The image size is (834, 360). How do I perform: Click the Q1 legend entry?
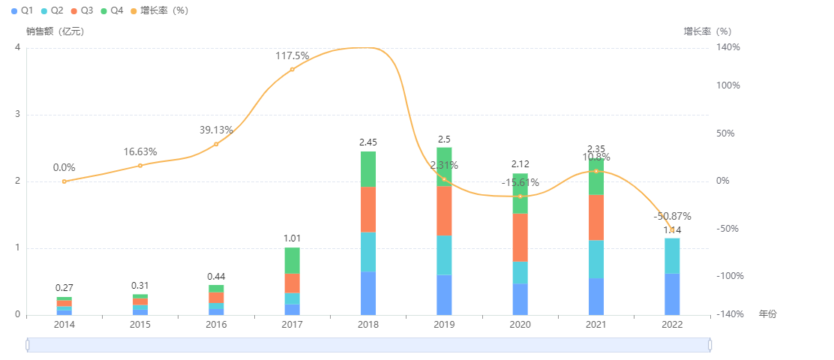pos(22,10)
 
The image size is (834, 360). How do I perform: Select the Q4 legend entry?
pos(112,10)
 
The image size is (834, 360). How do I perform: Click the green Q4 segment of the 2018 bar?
pos(368,169)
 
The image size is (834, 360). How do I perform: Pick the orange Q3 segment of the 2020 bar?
pos(520,238)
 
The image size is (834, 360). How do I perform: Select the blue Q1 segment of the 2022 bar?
pos(672,294)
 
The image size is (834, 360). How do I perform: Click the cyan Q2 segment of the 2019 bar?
pos(444,255)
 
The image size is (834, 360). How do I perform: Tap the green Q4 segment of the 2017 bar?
pos(292,260)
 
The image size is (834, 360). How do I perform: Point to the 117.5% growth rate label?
pos(292,56)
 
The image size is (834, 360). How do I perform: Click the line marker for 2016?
pos(216,144)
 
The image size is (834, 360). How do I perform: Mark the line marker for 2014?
pos(64,181)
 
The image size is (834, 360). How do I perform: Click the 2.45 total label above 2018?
pos(368,142)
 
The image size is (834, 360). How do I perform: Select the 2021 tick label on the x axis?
pos(595,325)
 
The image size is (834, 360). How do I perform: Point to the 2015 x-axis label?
pos(140,325)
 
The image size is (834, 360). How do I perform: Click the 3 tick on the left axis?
pos(17,115)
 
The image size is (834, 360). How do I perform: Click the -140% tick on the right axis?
pos(727,315)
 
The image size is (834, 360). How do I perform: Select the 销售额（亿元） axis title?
pos(55,31)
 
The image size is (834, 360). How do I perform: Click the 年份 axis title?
pos(768,314)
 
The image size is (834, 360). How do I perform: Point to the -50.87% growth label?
pos(672,216)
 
